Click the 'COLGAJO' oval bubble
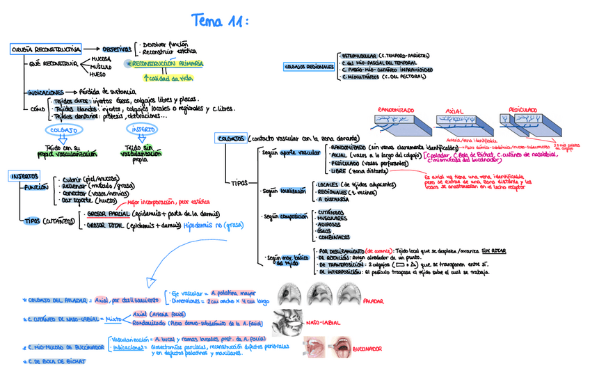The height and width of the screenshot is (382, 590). [63, 129]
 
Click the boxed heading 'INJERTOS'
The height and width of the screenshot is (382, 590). [24, 176]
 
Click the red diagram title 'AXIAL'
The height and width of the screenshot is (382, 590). [454, 111]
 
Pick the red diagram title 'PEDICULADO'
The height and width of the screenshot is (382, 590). [523, 110]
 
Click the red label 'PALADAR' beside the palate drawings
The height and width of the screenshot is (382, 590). [375, 302]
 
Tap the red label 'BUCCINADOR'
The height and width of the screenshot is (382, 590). [370, 348]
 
